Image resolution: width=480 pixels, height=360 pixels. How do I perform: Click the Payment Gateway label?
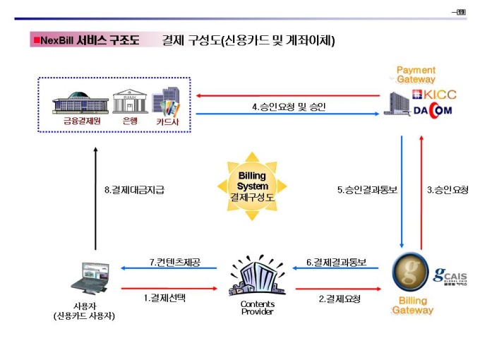tap(416, 75)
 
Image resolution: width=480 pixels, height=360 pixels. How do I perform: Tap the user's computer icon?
tap(94, 276)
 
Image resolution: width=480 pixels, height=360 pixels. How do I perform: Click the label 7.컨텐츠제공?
tap(174, 262)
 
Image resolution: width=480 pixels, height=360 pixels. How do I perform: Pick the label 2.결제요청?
tap(340, 299)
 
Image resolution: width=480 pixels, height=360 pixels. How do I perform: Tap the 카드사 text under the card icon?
tap(167, 121)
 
